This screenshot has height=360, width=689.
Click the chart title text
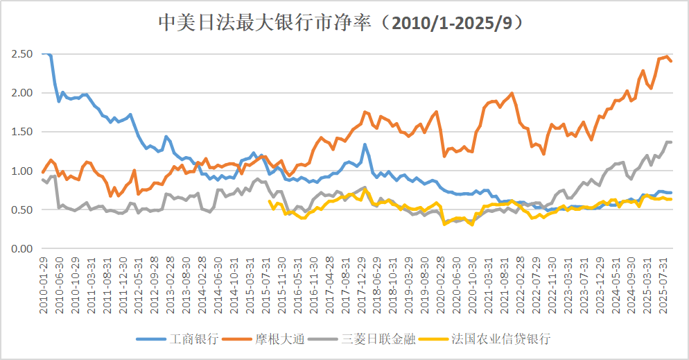[x=344, y=23]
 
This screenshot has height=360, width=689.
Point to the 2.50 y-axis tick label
[x=21, y=54]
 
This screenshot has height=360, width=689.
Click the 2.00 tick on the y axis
[x=21, y=93]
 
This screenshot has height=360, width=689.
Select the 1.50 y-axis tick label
[x=21, y=132]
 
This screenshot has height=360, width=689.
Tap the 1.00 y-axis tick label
[x=21, y=171]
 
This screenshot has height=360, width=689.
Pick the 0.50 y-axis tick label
[x=21, y=209]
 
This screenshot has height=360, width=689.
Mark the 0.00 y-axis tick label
[x=21, y=248]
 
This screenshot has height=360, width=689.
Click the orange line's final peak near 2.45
[x=667, y=57]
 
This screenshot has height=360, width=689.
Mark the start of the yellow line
[x=270, y=201]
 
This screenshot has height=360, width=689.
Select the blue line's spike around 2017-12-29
[x=365, y=145]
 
